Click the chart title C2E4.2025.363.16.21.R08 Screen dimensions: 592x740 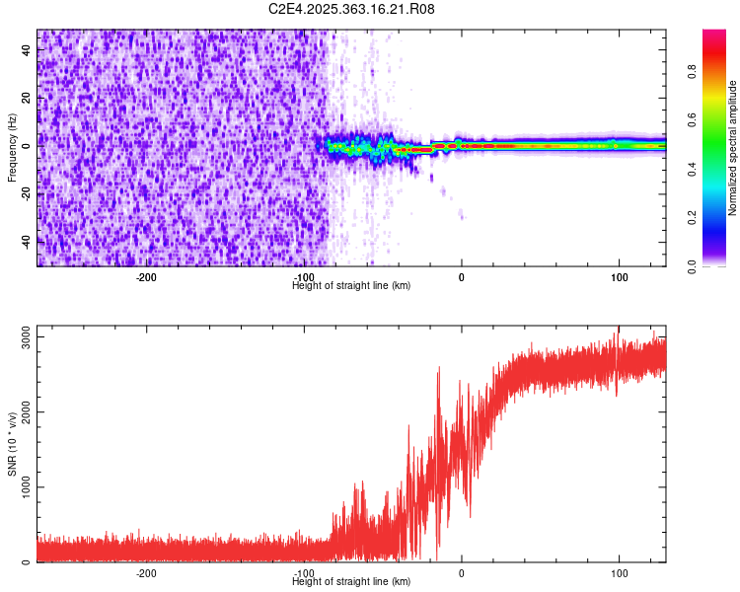click(x=351, y=9)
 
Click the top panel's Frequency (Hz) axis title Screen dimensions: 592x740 click(x=12, y=147)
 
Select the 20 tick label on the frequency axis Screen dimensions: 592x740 click(x=28, y=98)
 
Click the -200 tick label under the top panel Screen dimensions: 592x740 click(x=146, y=277)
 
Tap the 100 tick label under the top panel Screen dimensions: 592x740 click(x=618, y=277)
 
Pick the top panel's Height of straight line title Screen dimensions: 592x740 click(x=351, y=285)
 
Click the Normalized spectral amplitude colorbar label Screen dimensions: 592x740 click(x=732, y=148)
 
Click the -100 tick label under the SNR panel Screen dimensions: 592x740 click(x=304, y=573)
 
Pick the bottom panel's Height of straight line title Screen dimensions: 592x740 click(x=351, y=581)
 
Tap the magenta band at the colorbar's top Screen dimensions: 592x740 click(x=714, y=35)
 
